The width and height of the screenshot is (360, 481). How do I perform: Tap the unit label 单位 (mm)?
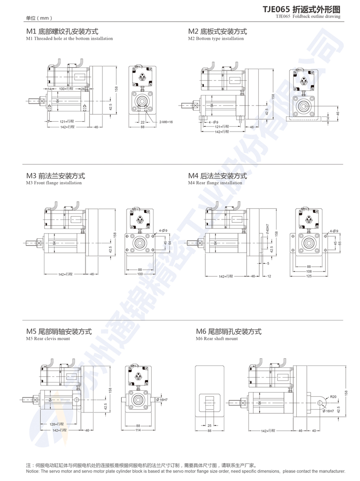39,18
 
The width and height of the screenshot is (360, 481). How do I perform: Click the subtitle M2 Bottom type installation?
216,39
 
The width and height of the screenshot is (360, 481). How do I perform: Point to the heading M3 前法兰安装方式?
56,176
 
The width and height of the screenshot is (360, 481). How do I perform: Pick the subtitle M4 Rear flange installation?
215,183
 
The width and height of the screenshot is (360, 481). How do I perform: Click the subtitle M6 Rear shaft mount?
217,338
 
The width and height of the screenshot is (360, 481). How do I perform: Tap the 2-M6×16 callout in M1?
166,122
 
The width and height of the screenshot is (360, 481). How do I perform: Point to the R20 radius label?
333,396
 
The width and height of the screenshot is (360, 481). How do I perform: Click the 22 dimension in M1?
143,122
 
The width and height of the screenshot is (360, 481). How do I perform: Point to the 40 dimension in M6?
314,430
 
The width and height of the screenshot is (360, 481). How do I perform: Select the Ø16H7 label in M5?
164,400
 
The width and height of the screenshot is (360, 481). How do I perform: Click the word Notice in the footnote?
33,471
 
